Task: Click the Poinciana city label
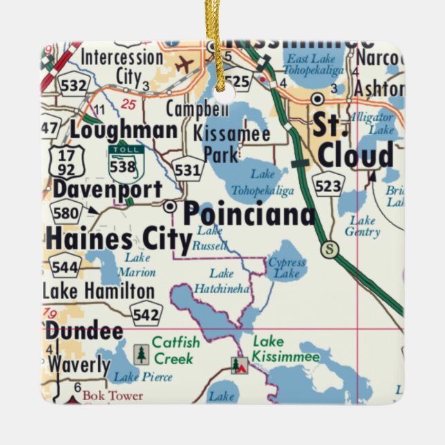point(249,214)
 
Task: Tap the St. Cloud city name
point(354,142)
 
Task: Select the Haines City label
point(118,240)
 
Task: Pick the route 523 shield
point(328,184)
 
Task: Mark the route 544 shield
point(65,265)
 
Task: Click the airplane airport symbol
point(184,65)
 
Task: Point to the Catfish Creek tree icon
point(141,354)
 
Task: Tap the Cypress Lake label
point(287,268)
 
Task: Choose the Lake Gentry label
point(363,227)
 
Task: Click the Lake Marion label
point(137,265)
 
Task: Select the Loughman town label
point(123,130)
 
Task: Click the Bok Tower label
point(113,396)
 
